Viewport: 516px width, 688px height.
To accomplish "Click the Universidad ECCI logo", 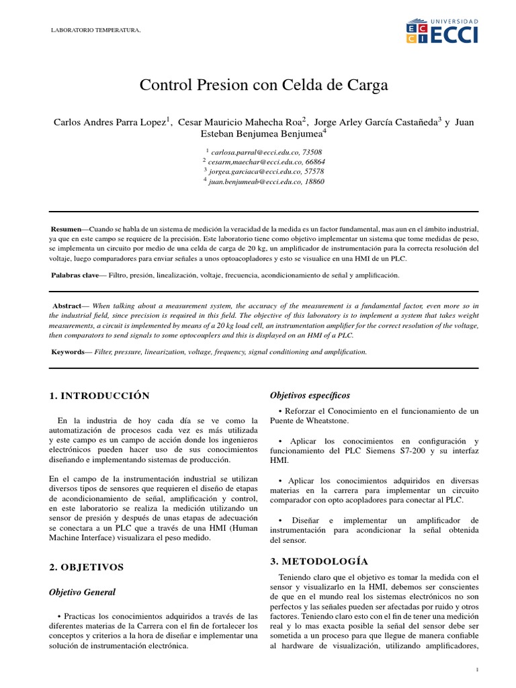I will click(442, 31).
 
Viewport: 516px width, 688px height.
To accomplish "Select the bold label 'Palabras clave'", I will click(74, 275).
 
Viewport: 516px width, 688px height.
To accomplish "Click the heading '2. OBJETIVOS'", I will click(87, 567).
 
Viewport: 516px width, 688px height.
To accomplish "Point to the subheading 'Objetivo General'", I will click(83, 592).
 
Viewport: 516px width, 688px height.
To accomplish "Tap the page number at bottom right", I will click(476, 669).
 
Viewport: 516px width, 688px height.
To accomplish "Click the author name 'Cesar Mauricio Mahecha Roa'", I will click(239, 122).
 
